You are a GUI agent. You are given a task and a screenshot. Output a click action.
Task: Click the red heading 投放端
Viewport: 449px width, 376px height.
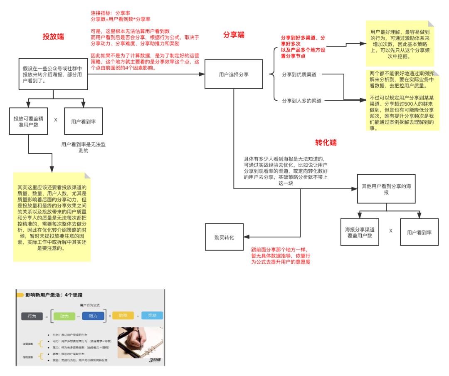click(54, 37)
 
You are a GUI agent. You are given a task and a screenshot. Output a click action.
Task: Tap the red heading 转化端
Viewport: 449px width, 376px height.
click(326, 143)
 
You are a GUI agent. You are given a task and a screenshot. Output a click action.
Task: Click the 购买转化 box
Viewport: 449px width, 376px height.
click(224, 237)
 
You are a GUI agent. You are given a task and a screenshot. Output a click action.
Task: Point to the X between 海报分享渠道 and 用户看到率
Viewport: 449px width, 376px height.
click(391, 231)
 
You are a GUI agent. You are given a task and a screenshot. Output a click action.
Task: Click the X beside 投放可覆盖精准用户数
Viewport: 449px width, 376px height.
click(55, 120)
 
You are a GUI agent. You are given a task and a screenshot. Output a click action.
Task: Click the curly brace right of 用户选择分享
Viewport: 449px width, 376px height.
click(272, 75)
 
